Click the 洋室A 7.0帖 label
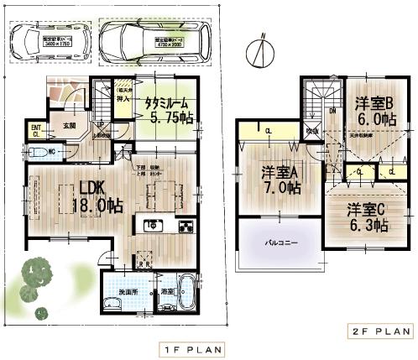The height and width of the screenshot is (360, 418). tap(280, 180)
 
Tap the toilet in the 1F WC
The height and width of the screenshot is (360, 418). tap(38, 154)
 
